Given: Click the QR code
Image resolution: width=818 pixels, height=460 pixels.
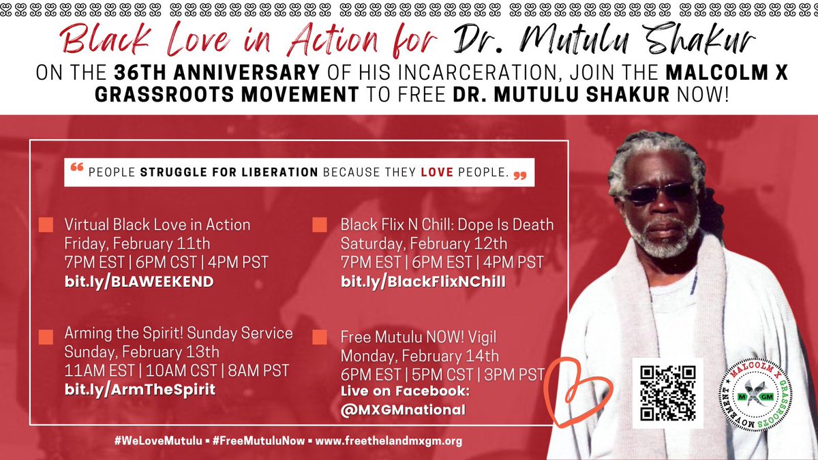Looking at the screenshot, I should (667, 393).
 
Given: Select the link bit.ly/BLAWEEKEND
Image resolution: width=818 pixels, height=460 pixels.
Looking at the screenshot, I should (139, 281).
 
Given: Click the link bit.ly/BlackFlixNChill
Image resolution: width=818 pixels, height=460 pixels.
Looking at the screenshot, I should (423, 281).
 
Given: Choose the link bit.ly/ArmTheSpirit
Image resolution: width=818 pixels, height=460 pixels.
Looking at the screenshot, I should (140, 390).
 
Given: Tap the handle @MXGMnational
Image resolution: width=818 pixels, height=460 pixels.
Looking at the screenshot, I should (403, 410).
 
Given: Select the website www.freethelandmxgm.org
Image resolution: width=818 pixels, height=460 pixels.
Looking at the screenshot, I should (389, 441).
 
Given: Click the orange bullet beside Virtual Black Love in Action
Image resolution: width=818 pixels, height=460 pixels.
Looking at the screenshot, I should (46, 225).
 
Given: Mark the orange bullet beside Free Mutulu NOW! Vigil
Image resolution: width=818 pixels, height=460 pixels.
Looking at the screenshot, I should (319, 337).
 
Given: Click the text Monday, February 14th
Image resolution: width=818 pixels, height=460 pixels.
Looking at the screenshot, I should (420, 356).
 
